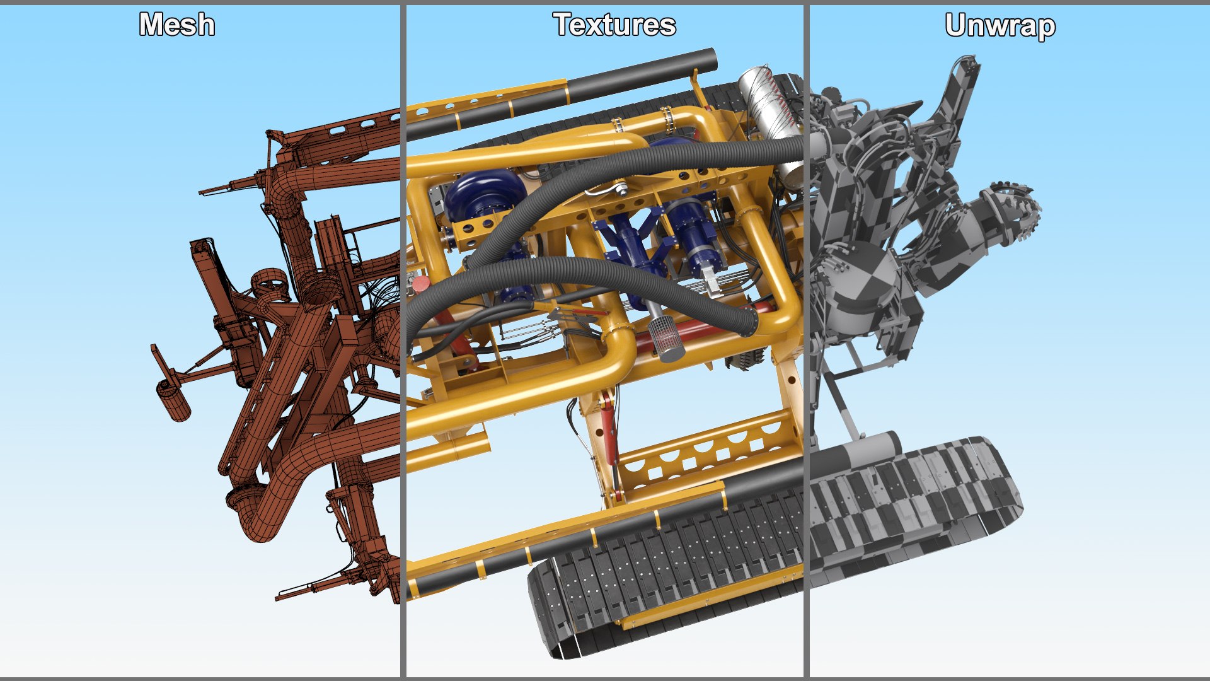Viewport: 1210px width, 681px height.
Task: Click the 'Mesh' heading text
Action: (x=176, y=25)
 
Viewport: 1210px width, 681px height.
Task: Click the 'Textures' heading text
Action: (x=614, y=25)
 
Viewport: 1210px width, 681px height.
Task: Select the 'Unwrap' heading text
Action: (x=1000, y=26)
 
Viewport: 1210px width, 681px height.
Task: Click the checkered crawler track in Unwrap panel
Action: (x=914, y=504)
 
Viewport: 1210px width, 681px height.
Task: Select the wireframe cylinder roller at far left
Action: (x=173, y=400)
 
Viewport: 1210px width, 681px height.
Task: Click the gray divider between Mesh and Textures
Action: (x=403, y=340)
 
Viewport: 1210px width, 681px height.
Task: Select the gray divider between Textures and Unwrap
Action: (x=806, y=340)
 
